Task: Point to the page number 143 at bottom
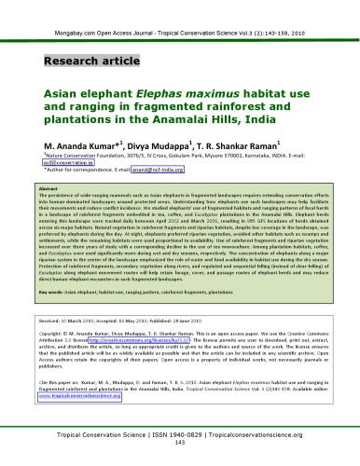(180, 450)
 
